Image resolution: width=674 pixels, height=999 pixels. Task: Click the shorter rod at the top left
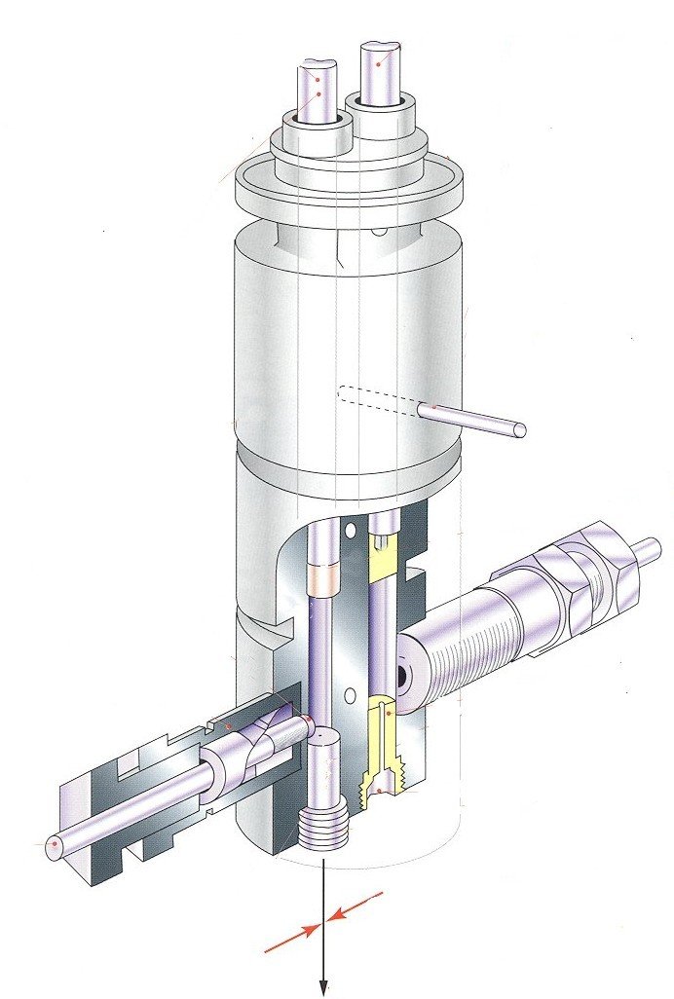[318, 89]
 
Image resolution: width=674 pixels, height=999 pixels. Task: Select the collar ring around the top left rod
[317, 133]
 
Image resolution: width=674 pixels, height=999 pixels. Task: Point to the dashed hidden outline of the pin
[375, 398]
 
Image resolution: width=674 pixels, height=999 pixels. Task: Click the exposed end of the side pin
[519, 429]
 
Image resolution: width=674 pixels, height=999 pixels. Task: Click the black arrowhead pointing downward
[322, 987]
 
